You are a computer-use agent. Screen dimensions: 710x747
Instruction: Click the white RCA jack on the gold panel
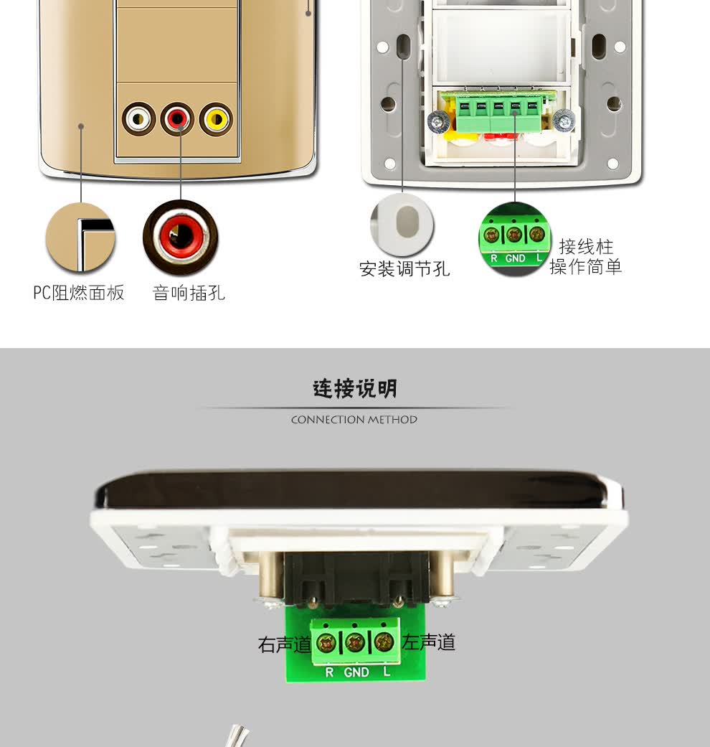click(x=138, y=118)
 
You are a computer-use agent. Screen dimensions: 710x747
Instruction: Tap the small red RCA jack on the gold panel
click(x=177, y=118)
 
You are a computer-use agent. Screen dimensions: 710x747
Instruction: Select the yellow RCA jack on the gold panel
click(x=216, y=119)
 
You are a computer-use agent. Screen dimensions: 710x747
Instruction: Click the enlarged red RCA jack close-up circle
click(x=181, y=237)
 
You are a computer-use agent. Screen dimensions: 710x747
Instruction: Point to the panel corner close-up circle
click(x=80, y=238)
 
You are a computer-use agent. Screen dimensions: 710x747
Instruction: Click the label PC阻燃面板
click(x=79, y=293)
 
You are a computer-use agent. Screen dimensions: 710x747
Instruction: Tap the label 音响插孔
click(x=189, y=293)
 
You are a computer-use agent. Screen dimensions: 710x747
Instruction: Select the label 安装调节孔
click(x=404, y=269)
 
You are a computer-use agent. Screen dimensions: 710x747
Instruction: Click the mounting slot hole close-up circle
click(x=402, y=225)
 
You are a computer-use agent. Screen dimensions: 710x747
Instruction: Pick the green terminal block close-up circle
click(x=515, y=239)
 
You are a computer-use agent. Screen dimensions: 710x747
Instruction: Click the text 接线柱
click(x=586, y=247)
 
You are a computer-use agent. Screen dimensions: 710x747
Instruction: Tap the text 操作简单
click(x=586, y=267)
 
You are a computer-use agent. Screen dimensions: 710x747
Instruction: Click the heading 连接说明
click(x=355, y=389)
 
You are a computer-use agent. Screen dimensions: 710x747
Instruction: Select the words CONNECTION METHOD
click(x=354, y=420)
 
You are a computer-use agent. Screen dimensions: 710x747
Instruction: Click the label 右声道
click(x=284, y=644)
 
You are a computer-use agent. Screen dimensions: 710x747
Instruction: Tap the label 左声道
click(x=429, y=642)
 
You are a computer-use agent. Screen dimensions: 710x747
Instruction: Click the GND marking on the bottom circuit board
click(x=356, y=672)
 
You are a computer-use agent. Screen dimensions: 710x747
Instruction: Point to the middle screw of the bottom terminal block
click(x=355, y=643)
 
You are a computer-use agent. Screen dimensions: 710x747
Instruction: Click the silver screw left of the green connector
click(x=438, y=121)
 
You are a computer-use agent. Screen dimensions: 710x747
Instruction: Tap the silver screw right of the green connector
click(x=564, y=121)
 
